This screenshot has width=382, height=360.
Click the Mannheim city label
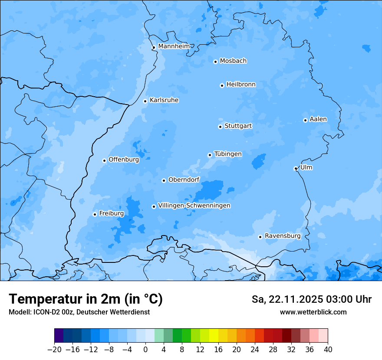(174, 46)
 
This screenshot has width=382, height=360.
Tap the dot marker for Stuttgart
(220, 127)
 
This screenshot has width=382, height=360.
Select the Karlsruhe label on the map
(164, 100)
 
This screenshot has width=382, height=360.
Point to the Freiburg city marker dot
(95, 214)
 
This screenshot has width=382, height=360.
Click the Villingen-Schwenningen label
(194, 206)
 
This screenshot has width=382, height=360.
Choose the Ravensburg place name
(282, 236)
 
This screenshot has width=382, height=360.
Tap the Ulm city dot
(296, 168)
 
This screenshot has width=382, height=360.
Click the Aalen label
(318, 119)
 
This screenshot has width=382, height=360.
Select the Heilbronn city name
(240, 85)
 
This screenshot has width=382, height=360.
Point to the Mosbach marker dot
(215, 62)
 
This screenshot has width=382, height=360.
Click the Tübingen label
(227, 154)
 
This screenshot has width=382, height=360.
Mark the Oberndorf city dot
(164, 180)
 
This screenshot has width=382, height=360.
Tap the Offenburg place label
(123, 160)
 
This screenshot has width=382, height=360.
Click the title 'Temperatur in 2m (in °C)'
(86, 299)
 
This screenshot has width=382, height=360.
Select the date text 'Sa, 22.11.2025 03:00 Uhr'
(311, 299)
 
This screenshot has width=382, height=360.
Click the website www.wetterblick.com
(313, 312)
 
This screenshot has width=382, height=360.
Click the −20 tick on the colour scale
(54, 350)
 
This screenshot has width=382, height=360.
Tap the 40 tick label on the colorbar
(328, 350)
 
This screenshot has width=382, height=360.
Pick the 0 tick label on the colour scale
(145, 350)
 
